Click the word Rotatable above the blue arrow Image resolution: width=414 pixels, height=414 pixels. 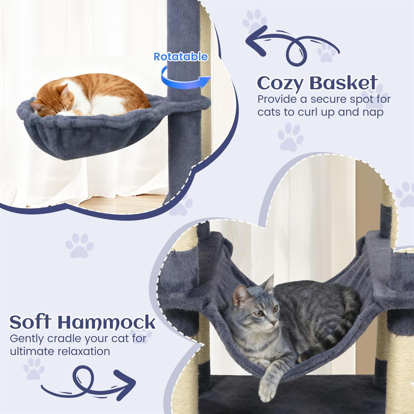[x=181, y=56]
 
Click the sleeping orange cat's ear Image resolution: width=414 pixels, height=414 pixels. [x=64, y=90]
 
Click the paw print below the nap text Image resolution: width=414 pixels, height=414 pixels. [x=291, y=137]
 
